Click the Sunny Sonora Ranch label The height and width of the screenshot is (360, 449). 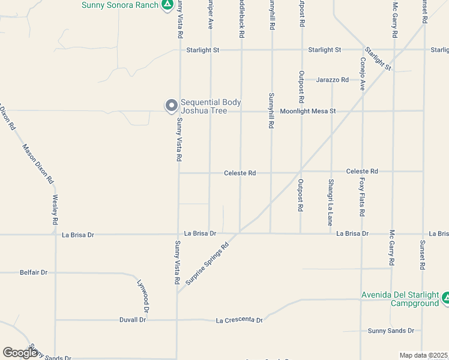click(x=119, y=5)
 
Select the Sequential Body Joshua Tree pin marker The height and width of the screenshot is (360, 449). click(x=172, y=106)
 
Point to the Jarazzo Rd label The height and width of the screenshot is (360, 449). click(x=333, y=80)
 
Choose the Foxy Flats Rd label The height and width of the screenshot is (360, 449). click(x=362, y=196)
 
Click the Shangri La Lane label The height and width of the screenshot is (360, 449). click(x=330, y=202)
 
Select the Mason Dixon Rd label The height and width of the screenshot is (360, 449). click(x=38, y=163)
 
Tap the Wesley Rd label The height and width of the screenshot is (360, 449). click(x=55, y=209)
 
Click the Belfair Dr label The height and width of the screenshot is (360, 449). click(x=34, y=272)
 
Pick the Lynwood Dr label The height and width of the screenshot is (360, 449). click(x=142, y=296)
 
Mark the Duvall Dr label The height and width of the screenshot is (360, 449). click(x=133, y=320)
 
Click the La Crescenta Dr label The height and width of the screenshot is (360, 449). click(x=239, y=321)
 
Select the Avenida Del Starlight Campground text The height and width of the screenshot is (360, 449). click(x=399, y=299)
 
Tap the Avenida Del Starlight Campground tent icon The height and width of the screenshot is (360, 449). click(x=445, y=298)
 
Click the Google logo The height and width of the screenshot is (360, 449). click(x=20, y=352)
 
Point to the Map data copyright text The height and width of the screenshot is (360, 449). click(x=423, y=355)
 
